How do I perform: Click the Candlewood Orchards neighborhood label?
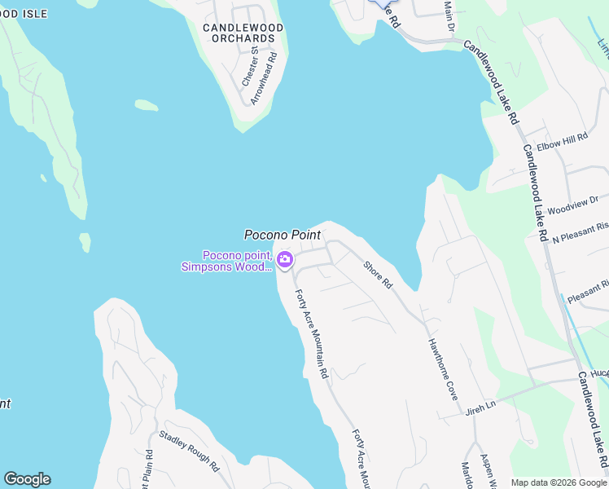click(x=243, y=33)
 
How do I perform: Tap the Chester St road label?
click(x=251, y=66)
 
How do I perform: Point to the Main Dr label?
click(x=448, y=16)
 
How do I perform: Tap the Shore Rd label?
click(x=378, y=275)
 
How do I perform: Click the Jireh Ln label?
click(x=480, y=405)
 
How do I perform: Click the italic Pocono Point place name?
click(x=282, y=235)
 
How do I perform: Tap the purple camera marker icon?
click(x=285, y=260)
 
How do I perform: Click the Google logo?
click(x=27, y=479)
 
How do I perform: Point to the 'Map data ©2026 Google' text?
click(x=558, y=482)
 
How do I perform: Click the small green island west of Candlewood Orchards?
click(x=146, y=105)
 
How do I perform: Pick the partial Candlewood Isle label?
click(x=23, y=14)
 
